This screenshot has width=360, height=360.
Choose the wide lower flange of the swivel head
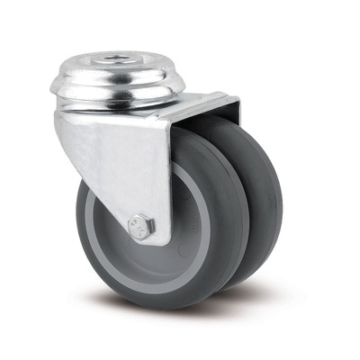coord(117,98)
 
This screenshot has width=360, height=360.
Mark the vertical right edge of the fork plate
coord(170,180)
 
